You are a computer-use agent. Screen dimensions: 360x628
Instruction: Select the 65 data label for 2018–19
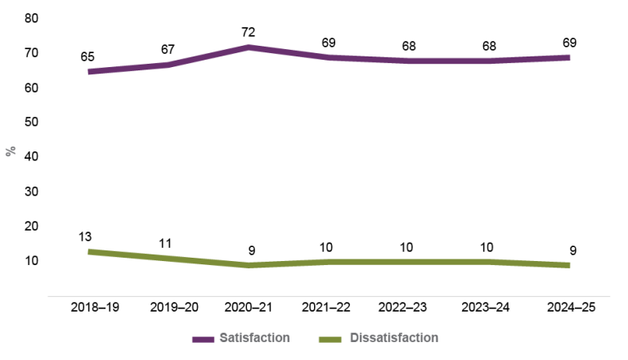[x=88, y=56]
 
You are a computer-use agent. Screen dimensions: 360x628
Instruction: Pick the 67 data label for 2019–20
[x=168, y=49]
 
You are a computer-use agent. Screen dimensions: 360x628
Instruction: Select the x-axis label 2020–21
[x=248, y=308]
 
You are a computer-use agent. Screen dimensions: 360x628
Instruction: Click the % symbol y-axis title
[x=10, y=151]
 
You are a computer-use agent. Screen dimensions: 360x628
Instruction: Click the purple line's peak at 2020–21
[x=248, y=47]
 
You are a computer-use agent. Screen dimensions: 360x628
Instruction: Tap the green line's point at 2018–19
[x=89, y=251]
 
